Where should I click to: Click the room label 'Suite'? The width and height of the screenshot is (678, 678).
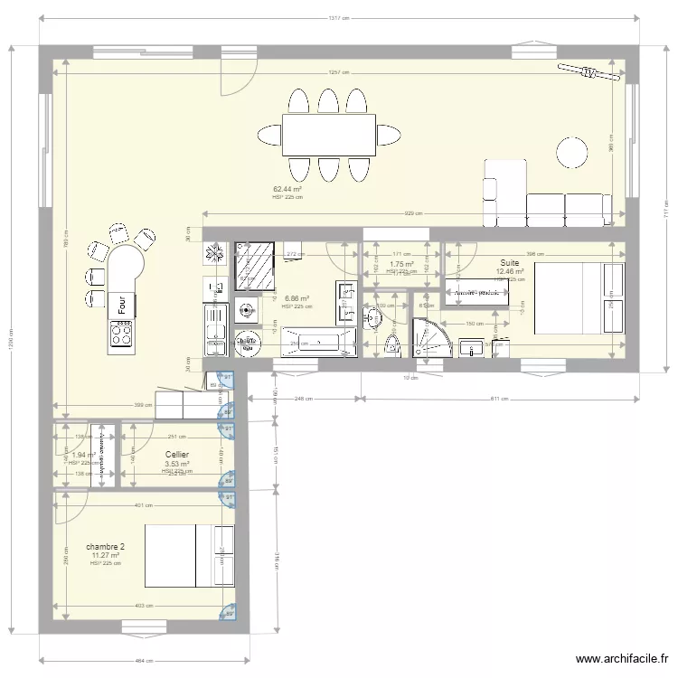pyautogui.click(x=510, y=262)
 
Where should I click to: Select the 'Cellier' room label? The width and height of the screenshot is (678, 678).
pyautogui.click(x=177, y=456)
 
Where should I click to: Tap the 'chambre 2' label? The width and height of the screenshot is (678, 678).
pyautogui.click(x=105, y=547)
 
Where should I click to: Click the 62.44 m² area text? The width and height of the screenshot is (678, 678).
pyautogui.click(x=287, y=190)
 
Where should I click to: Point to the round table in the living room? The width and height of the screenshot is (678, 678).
pyautogui.click(x=570, y=151)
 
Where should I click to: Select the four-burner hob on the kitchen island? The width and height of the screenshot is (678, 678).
pyautogui.click(x=122, y=334)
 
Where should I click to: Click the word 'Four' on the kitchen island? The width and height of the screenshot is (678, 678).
pyautogui.click(x=121, y=305)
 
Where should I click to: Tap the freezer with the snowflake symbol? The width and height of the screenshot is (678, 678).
pyautogui.click(x=214, y=255)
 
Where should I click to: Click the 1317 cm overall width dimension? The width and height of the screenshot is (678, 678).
pyautogui.click(x=339, y=18)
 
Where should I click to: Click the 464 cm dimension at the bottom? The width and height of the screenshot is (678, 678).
pyautogui.click(x=143, y=660)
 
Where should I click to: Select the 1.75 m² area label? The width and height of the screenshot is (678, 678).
pyautogui.click(x=400, y=265)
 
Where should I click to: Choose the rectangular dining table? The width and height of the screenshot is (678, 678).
pyautogui.click(x=329, y=135)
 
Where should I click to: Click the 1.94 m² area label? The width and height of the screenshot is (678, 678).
pyautogui.click(x=84, y=456)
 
